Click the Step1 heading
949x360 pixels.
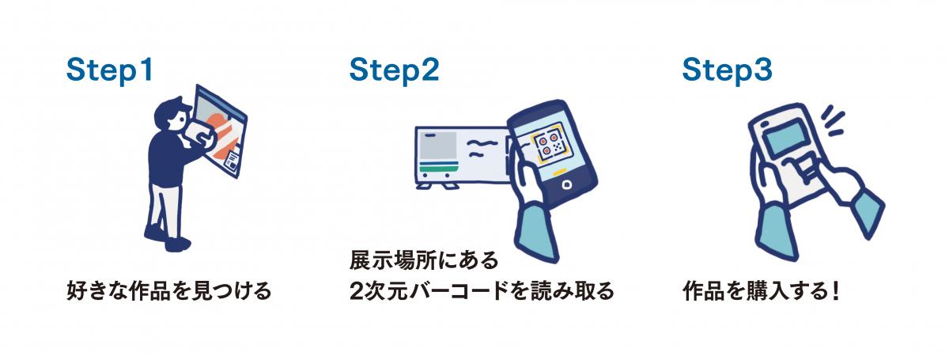(109, 70)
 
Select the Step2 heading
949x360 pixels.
(394, 70)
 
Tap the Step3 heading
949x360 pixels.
(727, 70)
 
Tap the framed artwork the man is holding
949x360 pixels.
(221, 131)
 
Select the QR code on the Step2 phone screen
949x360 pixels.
(550, 144)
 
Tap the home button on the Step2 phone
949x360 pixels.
(566, 186)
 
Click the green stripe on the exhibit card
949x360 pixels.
(439, 167)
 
